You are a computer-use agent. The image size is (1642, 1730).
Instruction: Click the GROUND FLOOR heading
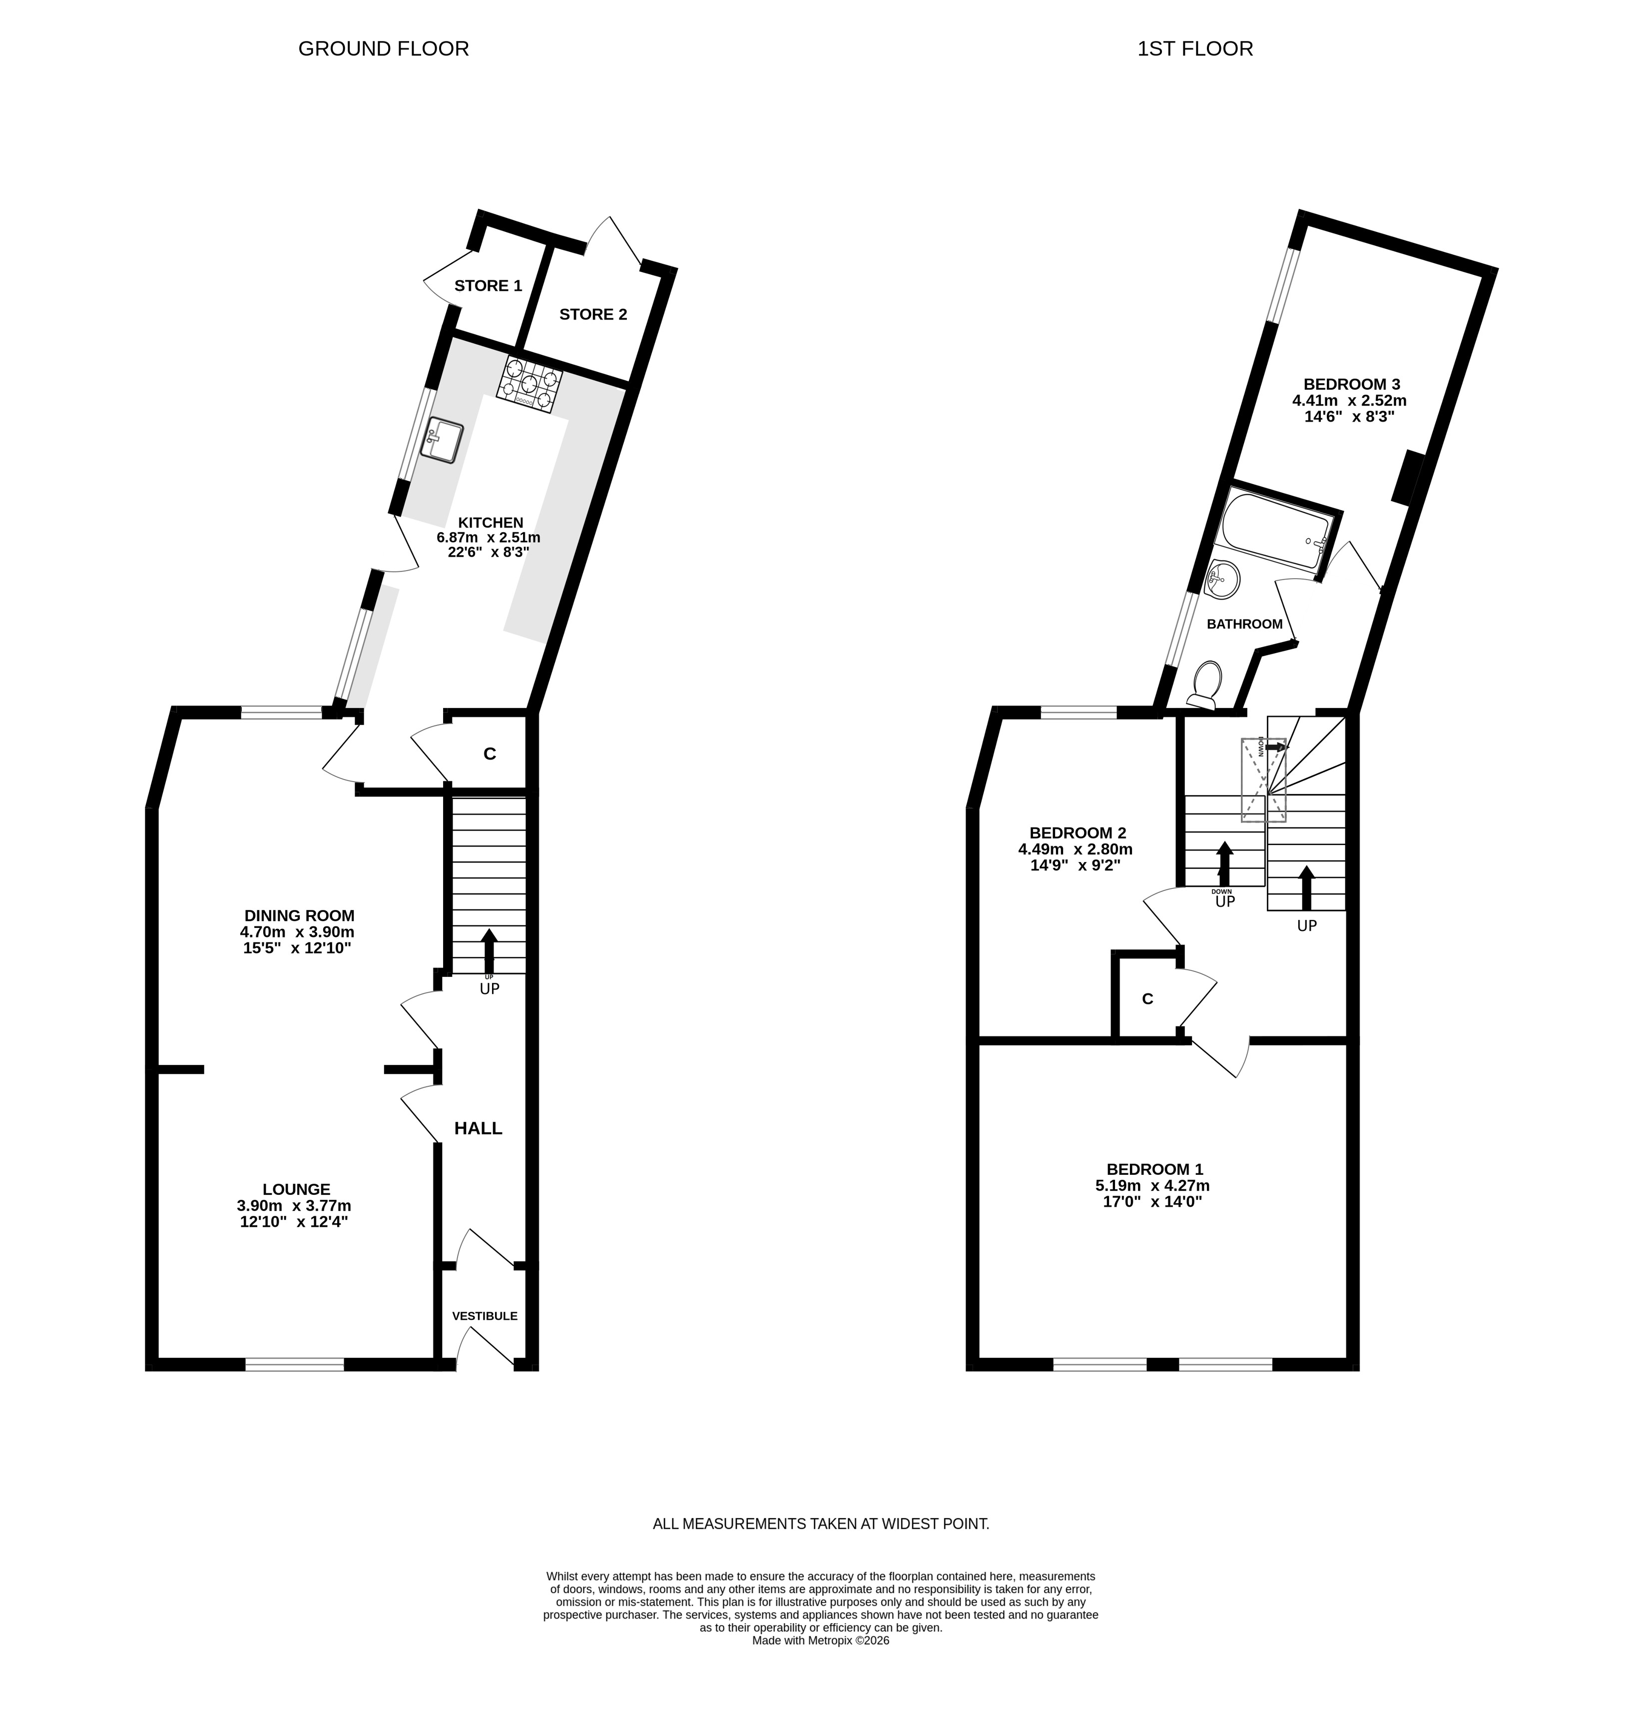point(383,48)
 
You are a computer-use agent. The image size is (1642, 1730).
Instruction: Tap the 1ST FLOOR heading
point(1195,48)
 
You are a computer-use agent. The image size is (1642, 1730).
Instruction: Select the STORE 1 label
point(489,285)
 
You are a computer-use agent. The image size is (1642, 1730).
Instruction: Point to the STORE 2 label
point(593,314)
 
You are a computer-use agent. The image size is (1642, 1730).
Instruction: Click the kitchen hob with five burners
point(530,383)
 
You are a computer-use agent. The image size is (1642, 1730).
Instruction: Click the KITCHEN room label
point(490,523)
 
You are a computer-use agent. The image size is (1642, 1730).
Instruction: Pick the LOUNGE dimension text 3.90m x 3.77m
point(294,1206)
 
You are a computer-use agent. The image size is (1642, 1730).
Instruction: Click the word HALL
point(478,1128)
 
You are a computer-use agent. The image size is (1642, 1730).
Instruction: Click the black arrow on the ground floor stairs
point(489,950)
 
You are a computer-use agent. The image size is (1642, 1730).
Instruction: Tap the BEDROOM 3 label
point(1351,384)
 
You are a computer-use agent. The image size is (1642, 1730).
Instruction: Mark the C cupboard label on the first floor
point(1147,999)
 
